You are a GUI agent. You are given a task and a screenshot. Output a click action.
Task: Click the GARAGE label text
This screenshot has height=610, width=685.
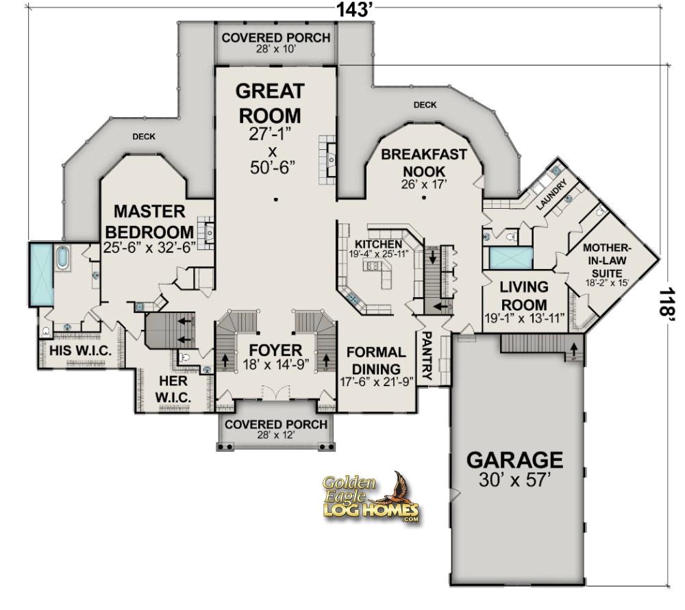point(515,459)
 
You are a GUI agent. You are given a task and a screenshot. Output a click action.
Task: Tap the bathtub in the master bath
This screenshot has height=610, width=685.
point(62,259)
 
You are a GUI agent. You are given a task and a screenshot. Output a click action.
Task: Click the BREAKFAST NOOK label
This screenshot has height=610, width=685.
point(423,163)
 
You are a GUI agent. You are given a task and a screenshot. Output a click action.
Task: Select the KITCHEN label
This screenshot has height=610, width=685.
point(378,244)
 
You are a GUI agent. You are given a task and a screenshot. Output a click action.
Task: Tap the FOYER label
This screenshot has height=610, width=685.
point(275,351)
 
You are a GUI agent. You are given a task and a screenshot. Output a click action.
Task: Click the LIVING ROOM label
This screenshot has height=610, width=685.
point(524,295)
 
